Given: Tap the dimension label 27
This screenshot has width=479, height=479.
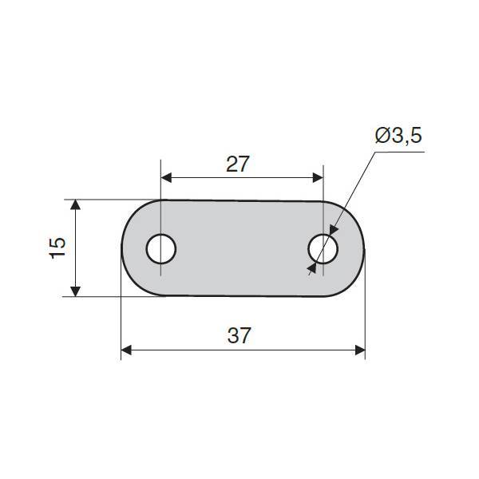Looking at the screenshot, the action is (238, 164).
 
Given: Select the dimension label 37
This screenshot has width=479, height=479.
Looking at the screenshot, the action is (239, 335).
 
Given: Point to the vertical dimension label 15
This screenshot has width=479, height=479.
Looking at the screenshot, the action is (57, 247).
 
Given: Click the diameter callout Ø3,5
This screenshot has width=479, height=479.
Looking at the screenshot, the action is (398, 136).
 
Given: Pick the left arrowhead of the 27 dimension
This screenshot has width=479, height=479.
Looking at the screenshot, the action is (167, 177).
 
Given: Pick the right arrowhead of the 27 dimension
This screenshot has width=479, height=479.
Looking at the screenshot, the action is (318, 177).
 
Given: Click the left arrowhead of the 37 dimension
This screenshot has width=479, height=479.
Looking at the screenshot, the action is (126, 350).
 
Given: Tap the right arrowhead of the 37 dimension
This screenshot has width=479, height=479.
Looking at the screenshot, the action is (360, 350).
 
